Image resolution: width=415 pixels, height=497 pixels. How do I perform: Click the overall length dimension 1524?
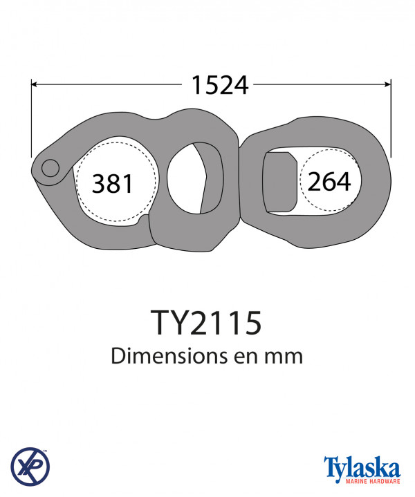pyautogui.click(x=220, y=85)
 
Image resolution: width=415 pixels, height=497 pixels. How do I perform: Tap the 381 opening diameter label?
pyautogui.click(x=112, y=184)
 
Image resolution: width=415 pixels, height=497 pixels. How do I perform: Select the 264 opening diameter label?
pyautogui.click(x=329, y=182)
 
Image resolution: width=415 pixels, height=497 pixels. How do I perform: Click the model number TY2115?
pyautogui.click(x=206, y=323)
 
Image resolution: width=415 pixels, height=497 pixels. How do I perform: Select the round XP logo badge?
pyautogui.click(x=30, y=467)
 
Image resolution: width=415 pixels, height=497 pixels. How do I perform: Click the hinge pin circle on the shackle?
pyautogui.click(x=50, y=168)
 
